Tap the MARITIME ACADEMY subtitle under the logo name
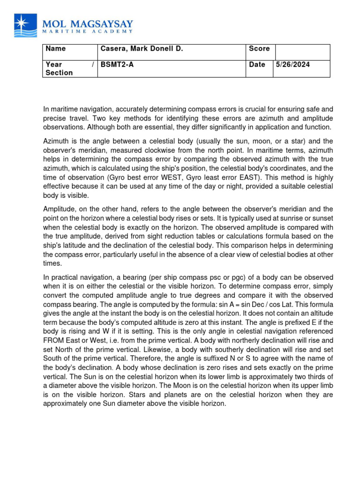coord(88,32)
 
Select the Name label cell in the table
coord(56,49)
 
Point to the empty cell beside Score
coord(302,52)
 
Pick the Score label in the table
coord(259,49)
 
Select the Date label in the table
coord(257,65)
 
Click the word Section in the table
coord(59,73)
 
